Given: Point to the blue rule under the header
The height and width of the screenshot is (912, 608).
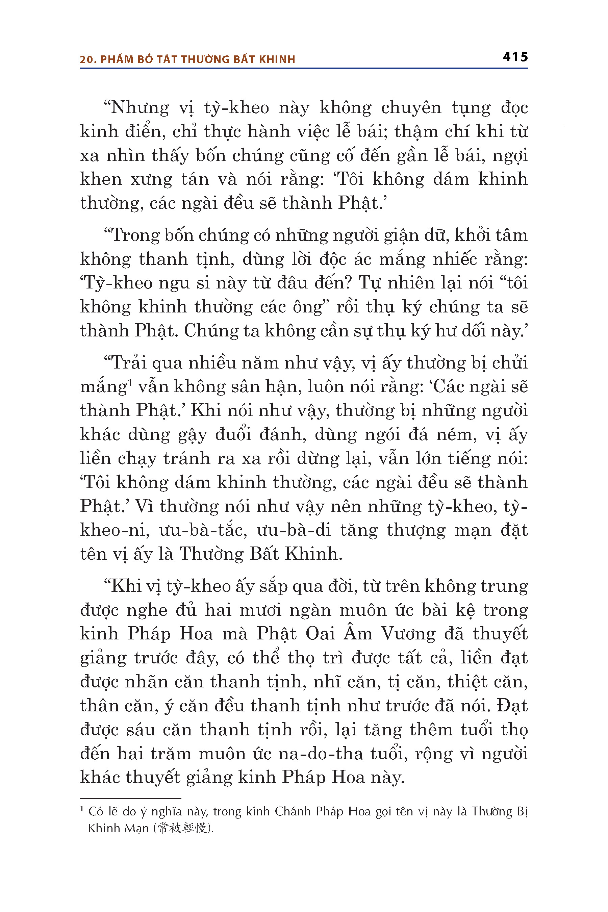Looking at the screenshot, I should (x=304, y=69).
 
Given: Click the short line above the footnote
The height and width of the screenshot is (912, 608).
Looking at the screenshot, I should (x=130, y=799).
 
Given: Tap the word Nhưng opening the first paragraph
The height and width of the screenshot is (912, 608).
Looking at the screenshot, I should (x=140, y=108).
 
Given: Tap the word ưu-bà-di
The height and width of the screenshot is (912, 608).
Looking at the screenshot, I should (x=294, y=530).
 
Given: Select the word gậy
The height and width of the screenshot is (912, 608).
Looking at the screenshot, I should (x=192, y=435).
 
